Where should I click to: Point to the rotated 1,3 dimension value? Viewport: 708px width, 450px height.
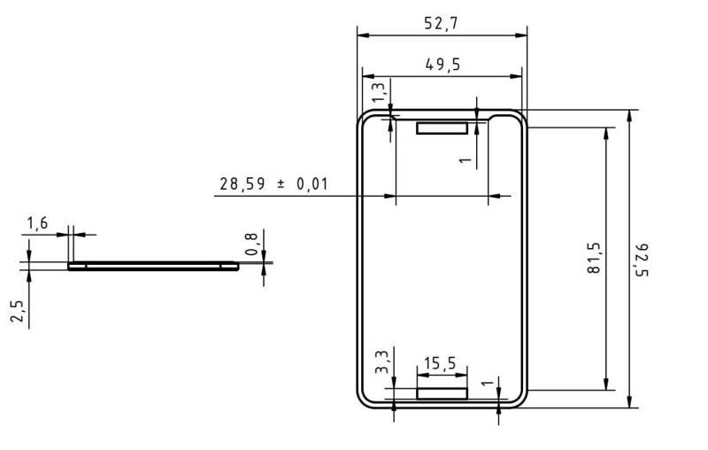tap(379, 92)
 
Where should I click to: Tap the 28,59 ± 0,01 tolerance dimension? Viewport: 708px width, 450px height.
tap(273, 184)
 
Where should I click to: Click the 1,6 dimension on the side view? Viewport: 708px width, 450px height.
tap(37, 223)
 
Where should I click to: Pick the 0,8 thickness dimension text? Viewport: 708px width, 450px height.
tap(252, 245)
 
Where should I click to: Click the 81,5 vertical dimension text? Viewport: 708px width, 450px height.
tap(594, 258)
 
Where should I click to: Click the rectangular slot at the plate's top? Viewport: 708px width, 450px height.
tap(442, 128)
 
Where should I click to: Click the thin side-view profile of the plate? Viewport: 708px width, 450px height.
tap(152, 265)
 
